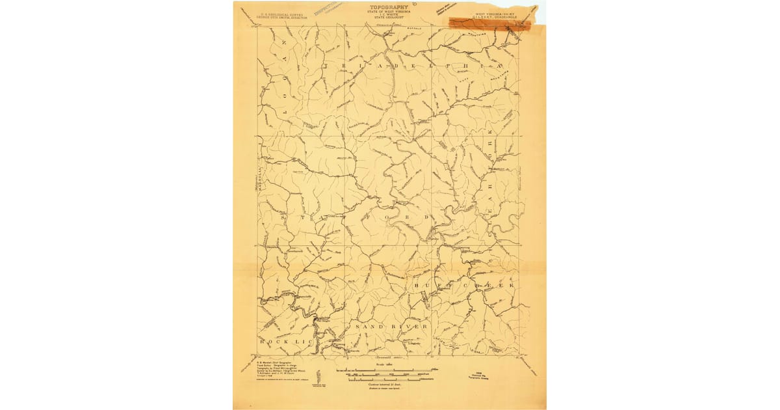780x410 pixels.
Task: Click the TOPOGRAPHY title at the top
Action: tap(389, 7)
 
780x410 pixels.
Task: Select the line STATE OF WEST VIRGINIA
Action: tap(389, 12)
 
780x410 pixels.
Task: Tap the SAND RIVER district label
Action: tap(391, 326)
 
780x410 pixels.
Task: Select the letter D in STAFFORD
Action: tap(426, 217)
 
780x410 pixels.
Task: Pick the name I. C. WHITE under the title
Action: tap(389, 16)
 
